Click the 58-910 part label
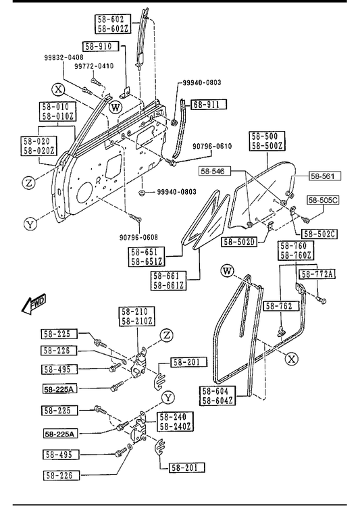coord(101,47)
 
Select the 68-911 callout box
coord(209,105)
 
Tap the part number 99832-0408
coord(63,57)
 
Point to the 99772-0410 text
coord(94,66)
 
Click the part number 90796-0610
coord(212,146)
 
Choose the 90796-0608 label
coord(138,237)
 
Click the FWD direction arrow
coord(34,303)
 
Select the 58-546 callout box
coord(215,171)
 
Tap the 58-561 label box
coord(325,176)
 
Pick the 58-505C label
coord(323,200)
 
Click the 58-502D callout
coord(239,242)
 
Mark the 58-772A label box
coord(317,274)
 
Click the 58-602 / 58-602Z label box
coord(113,24)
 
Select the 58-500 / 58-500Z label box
coord(267,141)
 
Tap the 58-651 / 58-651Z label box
coord(147,257)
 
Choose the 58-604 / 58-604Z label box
coord(217,396)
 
